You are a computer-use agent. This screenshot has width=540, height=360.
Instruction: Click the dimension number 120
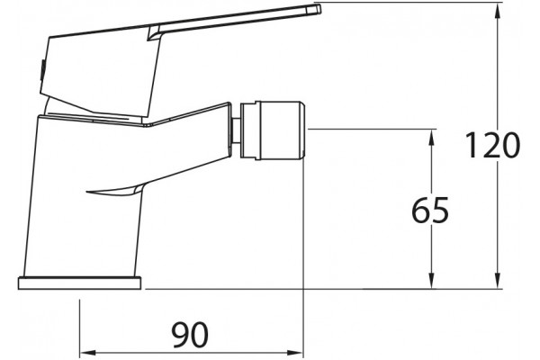[492, 145]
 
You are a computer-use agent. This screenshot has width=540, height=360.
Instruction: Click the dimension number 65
[430, 210]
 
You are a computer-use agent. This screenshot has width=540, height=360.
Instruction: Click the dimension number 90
[191, 335]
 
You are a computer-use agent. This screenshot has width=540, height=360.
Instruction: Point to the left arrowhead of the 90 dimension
[88, 353]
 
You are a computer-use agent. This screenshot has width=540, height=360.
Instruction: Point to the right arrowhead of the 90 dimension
[294, 353]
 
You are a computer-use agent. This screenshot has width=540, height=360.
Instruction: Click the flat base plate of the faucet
[79, 283]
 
